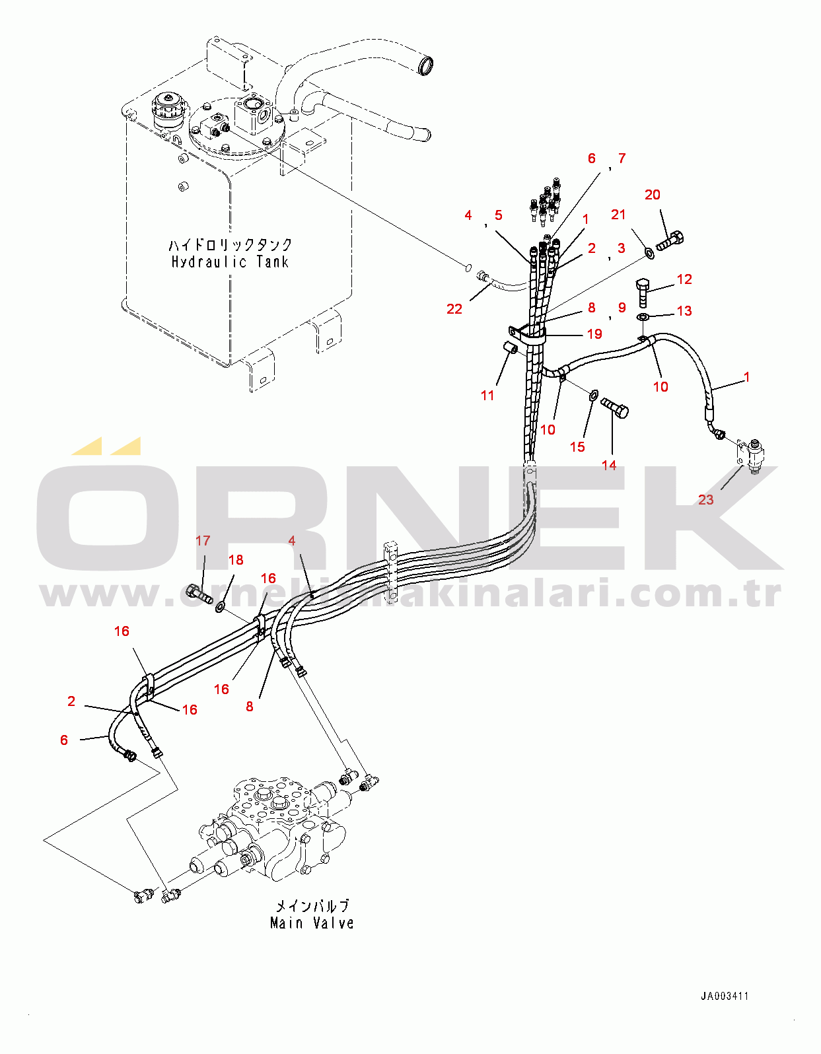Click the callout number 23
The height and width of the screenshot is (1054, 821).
point(705,500)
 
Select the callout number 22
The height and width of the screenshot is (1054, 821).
point(454,309)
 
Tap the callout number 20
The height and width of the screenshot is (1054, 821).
point(652,195)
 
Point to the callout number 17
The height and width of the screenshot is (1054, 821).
point(203,541)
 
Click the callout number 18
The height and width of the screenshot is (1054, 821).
point(236,560)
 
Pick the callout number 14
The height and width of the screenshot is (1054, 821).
point(609,466)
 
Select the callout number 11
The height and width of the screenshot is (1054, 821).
point(487,396)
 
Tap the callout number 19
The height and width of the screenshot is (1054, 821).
point(594,334)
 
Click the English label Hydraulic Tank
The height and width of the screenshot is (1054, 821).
point(230,262)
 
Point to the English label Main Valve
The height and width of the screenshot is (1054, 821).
point(312,923)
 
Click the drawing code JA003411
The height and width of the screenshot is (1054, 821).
point(725,997)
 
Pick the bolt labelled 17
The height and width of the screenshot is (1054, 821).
point(197,592)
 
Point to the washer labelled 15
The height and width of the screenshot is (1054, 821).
point(593,395)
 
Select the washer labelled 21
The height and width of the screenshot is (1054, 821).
point(650,252)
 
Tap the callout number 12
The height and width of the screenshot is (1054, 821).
point(684,279)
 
